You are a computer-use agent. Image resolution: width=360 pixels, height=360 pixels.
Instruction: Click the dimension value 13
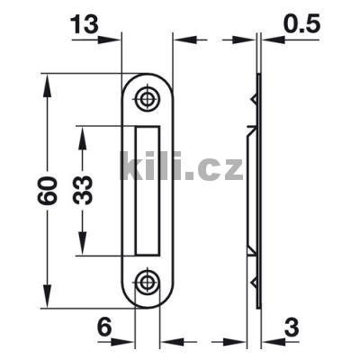(x=85, y=24)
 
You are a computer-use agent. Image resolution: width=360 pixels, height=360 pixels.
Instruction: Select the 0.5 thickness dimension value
(x=302, y=24)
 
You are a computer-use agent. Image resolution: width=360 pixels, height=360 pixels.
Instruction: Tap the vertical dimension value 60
(x=48, y=191)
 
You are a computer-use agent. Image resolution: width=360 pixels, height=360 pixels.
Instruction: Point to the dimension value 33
(x=83, y=190)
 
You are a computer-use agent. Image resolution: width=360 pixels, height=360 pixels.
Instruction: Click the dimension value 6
(x=104, y=327)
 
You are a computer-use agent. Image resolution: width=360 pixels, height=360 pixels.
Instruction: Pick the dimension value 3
(x=292, y=328)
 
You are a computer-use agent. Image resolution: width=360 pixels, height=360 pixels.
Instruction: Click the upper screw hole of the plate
(x=147, y=98)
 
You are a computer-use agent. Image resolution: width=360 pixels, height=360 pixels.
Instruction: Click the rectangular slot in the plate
(x=148, y=191)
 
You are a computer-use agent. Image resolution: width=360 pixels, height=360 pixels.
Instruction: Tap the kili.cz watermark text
(x=181, y=166)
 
